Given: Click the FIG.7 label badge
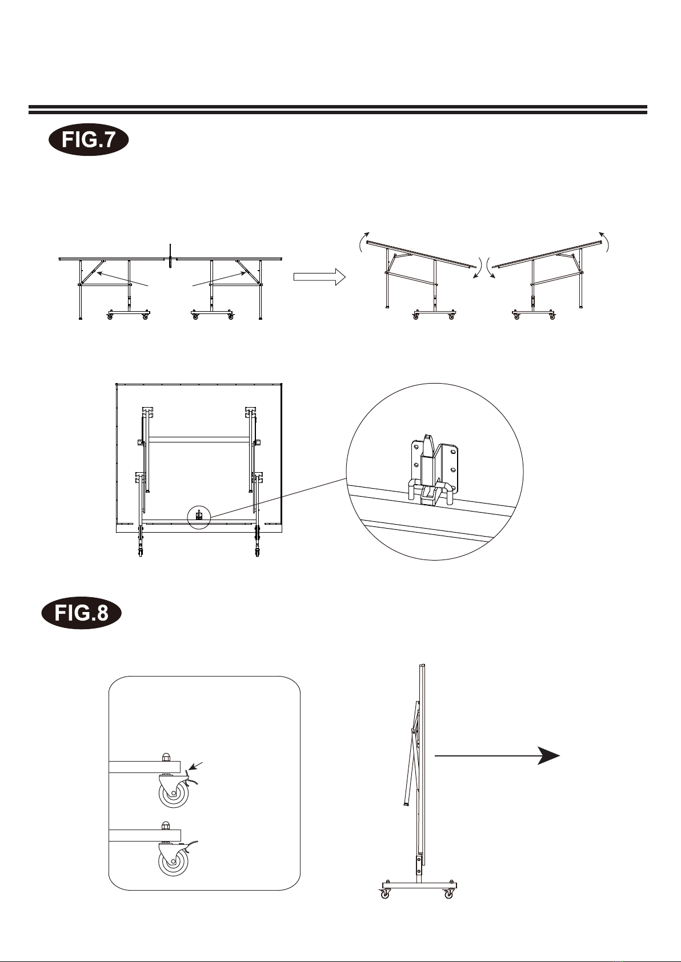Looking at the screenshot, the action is point(89,139).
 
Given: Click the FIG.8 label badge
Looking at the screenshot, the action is point(82,613).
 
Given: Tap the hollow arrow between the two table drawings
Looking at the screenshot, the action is point(319,277).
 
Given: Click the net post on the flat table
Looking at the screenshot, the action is point(171,257).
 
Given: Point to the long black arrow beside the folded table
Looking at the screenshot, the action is point(497,755).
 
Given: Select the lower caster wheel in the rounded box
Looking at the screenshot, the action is point(174,861).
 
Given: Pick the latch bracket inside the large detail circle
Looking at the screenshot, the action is point(432,470).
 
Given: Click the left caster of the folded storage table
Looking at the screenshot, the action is point(384,894).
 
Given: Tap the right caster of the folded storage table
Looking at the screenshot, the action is point(448,894).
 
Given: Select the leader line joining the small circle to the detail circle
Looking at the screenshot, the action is point(278,497).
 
